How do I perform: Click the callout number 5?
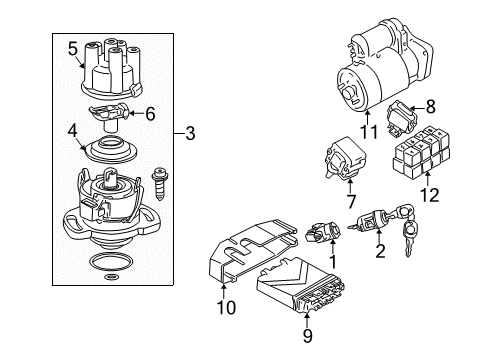(73, 49)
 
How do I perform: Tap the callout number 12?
(429, 195)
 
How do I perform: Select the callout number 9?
(308, 336)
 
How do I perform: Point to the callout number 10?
(226, 307)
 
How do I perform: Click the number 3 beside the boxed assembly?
(190, 134)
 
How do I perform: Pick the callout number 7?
(351, 202)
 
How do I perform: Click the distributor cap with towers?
(112, 69)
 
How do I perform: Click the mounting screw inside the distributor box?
(159, 185)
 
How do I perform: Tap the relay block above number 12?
(421, 152)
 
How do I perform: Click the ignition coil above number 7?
(345, 159)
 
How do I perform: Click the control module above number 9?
(301, 286)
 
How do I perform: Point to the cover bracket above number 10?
(252, 250)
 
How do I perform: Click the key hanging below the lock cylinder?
(409, 238)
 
